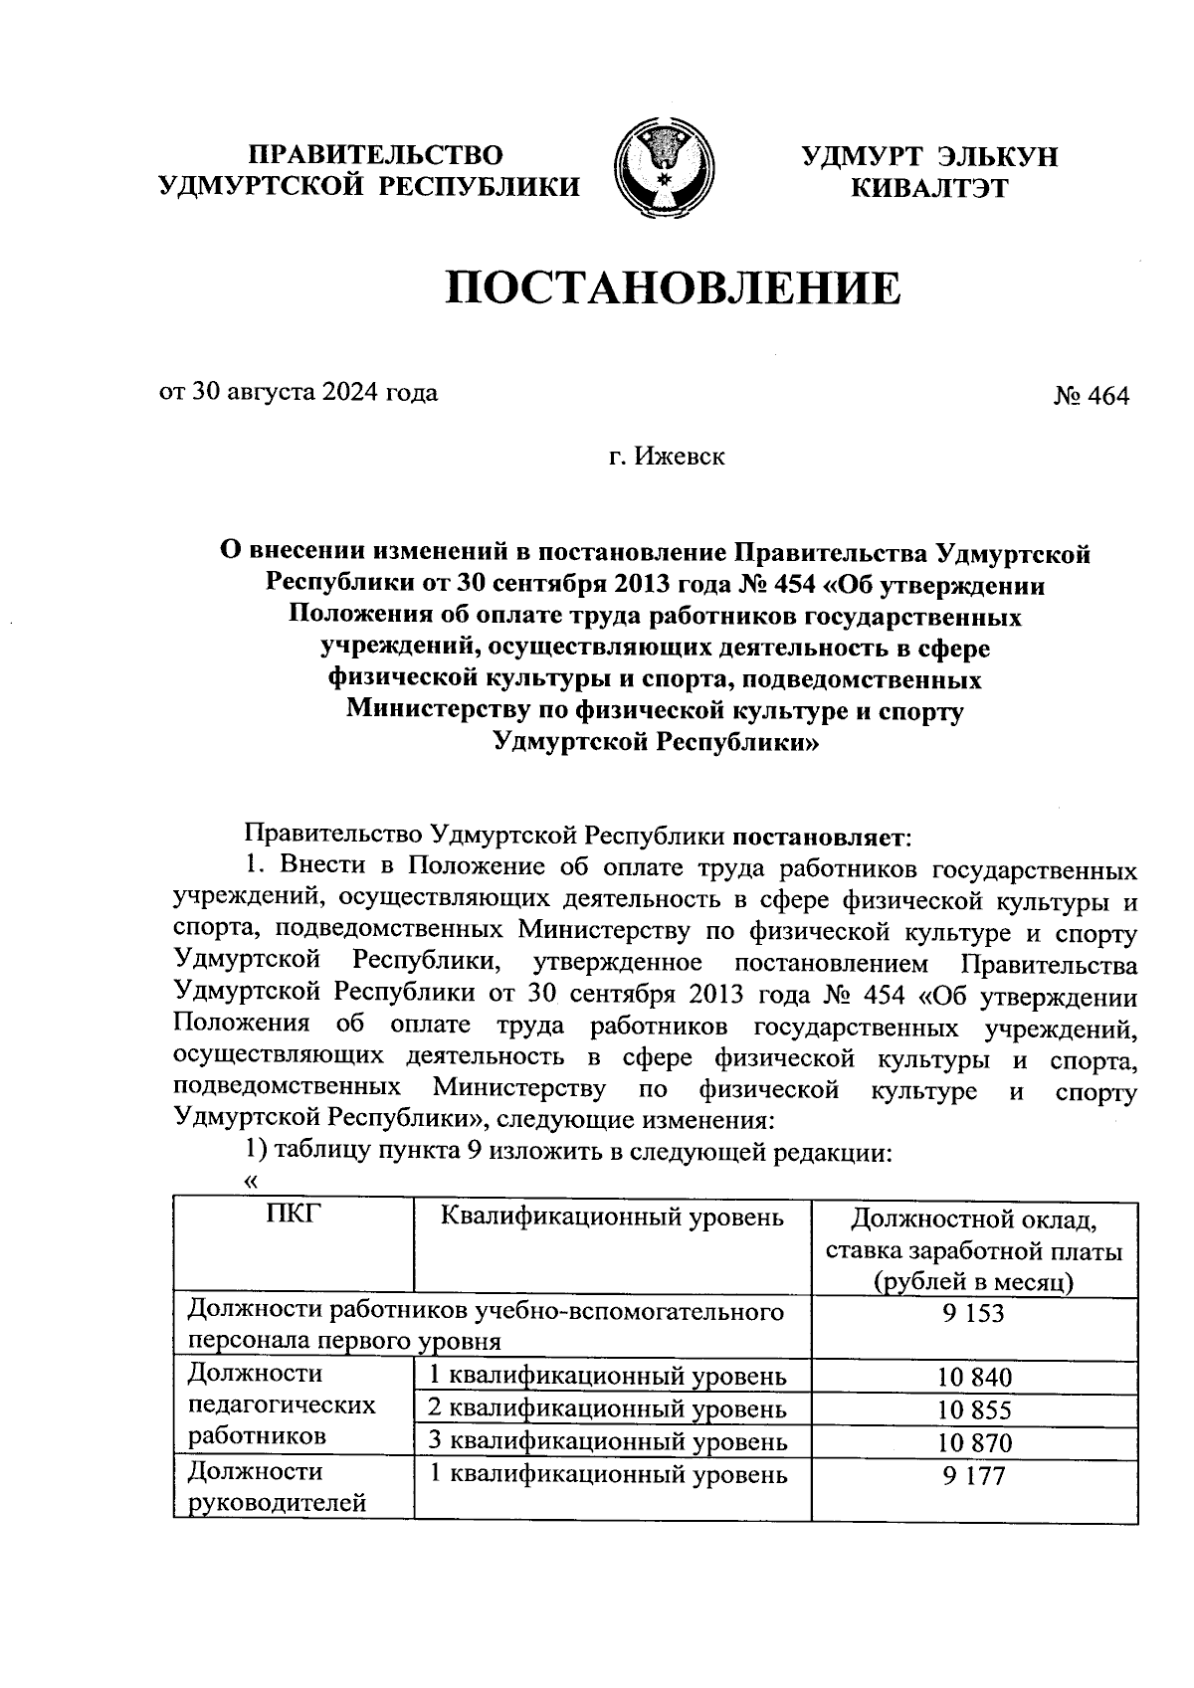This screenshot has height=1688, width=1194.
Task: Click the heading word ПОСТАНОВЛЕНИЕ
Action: pos(673,288)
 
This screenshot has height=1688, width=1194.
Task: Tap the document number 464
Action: pos(1092,396)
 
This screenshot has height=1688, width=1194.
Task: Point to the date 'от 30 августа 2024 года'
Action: pos(298,392)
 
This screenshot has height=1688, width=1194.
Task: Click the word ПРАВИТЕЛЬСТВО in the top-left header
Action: pos(376,154)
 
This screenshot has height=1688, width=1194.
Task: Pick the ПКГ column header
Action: pos(292,1216)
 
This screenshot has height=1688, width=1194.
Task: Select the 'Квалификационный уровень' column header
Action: pos(611,1216)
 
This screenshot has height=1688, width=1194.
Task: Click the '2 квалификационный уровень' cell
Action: pos(607,1408)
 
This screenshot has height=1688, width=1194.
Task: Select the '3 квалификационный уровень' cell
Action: pos(607,1441)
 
